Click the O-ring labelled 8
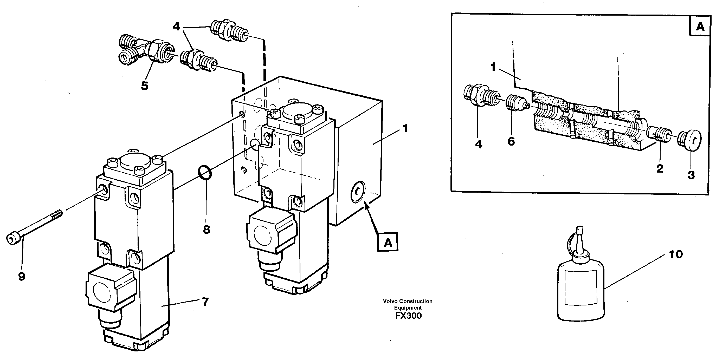205,173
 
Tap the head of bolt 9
13,239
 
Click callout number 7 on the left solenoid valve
205,302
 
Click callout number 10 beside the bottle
675,254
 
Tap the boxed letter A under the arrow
388,243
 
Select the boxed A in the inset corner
700,27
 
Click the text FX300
408,316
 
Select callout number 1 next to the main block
405,128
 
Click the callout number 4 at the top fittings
176,27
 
